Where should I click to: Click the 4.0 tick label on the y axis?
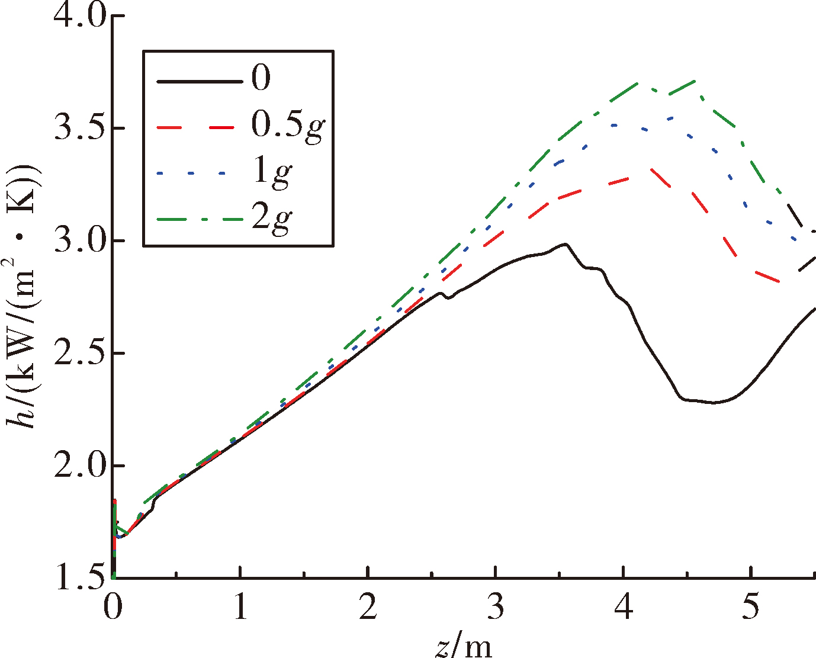pyautogui.click(x=79, y=17)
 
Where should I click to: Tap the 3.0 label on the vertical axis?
pyautogui.click(x=79, y=241)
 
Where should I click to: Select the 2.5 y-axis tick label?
pyautogui.click(x=79, y=354)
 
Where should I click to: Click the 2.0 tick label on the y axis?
pyautogui.click(x=79, y=466)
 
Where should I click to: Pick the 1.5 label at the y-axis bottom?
pyautogui.click(x=79, y=578)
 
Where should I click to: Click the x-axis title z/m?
pyautogui.click(x=463, y=646)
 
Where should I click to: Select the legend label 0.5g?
pyautogui.click(x=288, y=127)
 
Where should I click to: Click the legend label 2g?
pyautogui.click(x=272, y=219)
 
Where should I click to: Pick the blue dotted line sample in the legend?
pyautogui.click(x=191, y=174)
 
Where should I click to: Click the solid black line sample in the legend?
pyautogui.click(x=200, y=81)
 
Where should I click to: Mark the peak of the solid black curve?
pyautogui.click(x=565, y=244)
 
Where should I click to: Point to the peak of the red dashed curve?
pyautogui.click(x=649, y=169)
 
